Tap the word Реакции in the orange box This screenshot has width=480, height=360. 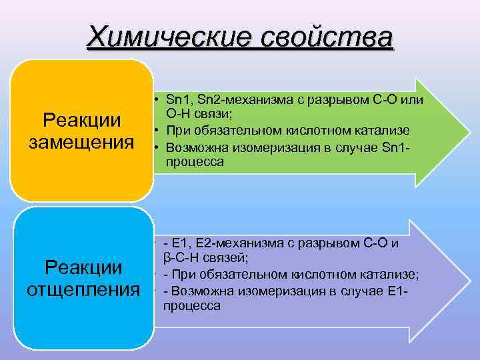pos(81,120)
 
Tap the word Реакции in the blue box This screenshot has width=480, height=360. pos(83,267)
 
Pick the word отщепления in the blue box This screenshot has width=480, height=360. pos(83,290)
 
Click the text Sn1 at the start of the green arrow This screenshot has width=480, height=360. pos(179,100)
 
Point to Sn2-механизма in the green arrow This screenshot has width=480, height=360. pos(233,100)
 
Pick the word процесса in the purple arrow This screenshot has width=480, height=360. pos(192,305)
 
